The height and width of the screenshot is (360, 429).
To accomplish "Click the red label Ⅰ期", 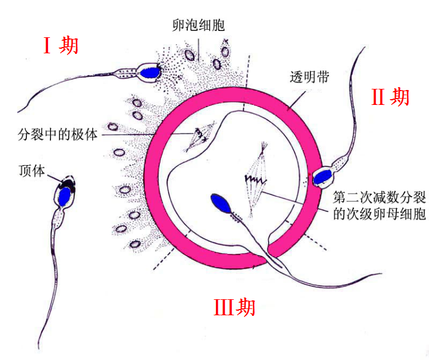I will [61, 45].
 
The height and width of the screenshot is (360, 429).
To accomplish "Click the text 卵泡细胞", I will [198, 25].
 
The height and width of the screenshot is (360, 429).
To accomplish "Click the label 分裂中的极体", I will [58, 136].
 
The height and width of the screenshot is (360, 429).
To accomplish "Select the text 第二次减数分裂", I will [372, 199].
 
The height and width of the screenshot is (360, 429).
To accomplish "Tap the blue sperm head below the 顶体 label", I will [65, 196].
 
